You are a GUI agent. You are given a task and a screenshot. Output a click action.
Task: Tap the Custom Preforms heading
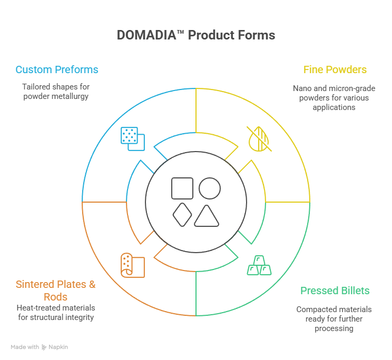coord(57,69)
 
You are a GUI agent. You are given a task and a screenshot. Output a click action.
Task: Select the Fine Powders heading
coord(335,69)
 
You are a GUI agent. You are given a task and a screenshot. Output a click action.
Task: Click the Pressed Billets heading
coord(335,291)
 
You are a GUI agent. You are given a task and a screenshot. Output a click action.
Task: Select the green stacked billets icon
coord(259,266)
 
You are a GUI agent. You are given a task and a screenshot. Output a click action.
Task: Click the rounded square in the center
coord(182,188)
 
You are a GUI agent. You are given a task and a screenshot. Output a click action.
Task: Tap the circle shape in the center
coord(209,188)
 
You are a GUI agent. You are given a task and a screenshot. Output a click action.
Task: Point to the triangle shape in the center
coord(206,216)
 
